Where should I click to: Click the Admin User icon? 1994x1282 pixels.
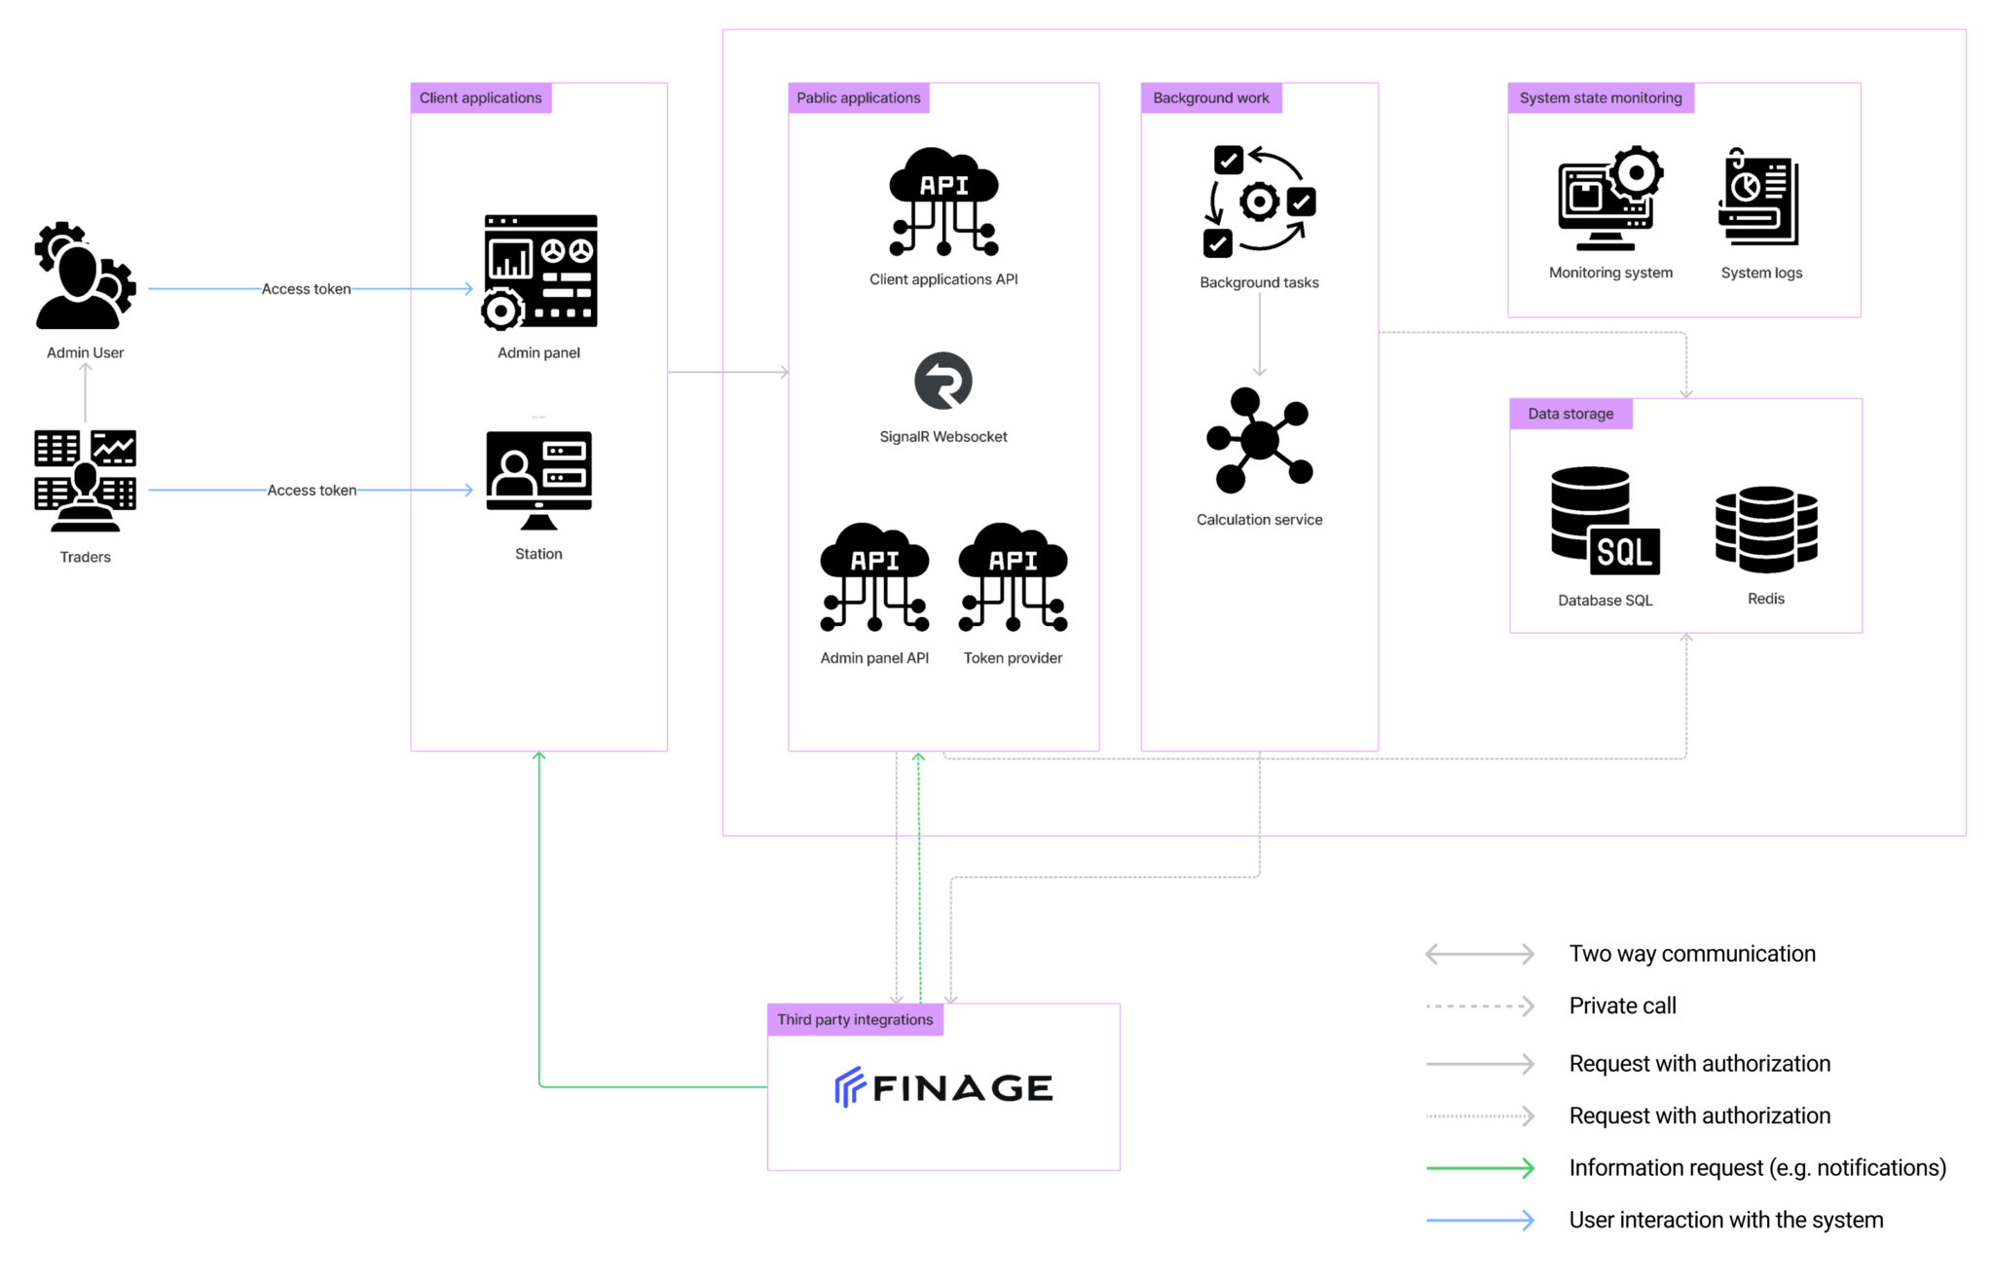86,275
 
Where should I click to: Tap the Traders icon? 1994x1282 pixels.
86,481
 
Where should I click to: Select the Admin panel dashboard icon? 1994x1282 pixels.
539,272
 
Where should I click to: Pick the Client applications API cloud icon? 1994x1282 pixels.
943,201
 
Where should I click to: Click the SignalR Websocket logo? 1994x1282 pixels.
943,381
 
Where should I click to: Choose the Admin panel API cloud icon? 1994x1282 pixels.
874,577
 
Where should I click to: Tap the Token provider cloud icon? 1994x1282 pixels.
1013,577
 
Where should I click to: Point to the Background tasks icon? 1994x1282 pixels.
1260,201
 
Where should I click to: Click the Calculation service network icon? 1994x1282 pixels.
1260,440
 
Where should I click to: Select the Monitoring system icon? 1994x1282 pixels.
1610,199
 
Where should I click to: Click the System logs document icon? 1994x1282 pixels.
1759,197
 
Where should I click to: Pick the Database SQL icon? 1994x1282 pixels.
1606,522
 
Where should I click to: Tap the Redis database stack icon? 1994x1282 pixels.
1766,530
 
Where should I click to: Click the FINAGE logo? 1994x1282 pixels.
943,1087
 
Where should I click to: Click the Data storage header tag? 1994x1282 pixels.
1570,414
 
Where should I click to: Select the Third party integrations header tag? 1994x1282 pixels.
855,1020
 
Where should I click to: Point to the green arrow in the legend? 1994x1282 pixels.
1480,1168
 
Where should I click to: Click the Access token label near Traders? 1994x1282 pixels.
312,491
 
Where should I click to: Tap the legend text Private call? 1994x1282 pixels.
1622,1006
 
